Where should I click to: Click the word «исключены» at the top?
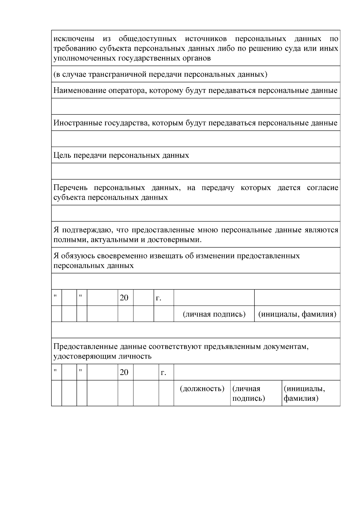coord(74,39)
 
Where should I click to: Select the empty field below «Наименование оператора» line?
coord(196,106)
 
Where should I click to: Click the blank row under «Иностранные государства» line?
coord(196,139)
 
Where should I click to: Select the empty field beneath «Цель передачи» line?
coord(196,171)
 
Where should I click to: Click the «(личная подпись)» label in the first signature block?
coord(214,314)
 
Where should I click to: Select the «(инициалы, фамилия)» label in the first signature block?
coord(297,314)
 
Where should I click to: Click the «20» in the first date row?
coord(124,298)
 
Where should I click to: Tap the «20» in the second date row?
coord(124,372)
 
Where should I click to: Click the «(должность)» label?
coord(202,389)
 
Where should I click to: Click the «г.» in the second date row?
coord(163,373)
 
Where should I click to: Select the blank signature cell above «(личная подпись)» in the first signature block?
coord(214,298)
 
